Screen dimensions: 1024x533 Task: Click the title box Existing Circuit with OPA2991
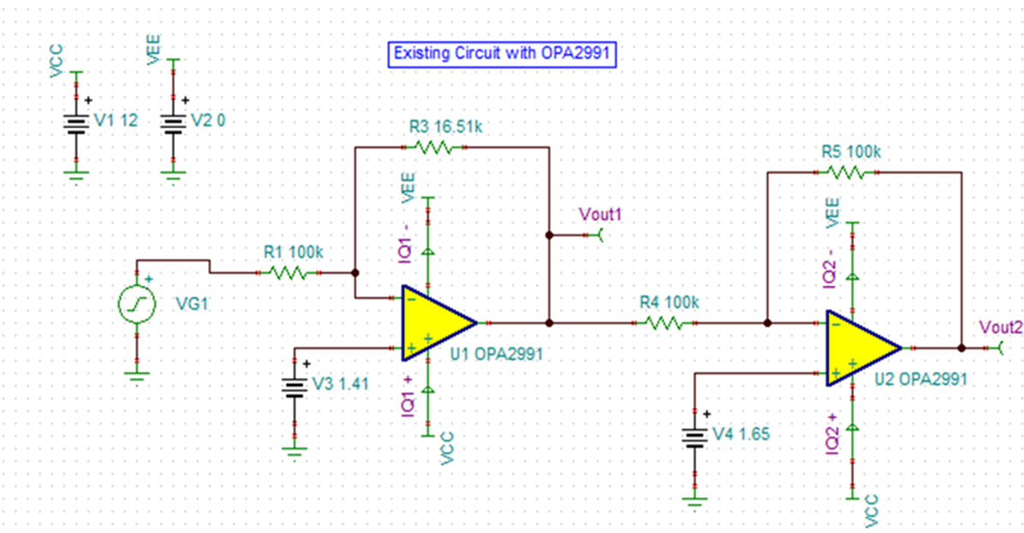point(502,54)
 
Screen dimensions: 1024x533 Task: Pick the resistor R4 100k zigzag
point(664,323)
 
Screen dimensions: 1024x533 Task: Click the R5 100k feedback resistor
point(847,172)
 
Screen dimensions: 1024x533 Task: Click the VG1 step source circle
point(137,304)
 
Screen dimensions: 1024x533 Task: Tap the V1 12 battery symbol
point(76,122)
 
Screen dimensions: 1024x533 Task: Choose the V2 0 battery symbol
point(173,122)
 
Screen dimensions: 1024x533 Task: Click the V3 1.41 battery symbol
point(295,387)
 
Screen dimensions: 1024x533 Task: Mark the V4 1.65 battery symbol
point(695,436)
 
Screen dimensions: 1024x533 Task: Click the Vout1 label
point(600,215)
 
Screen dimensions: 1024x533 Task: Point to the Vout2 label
point(1001,328)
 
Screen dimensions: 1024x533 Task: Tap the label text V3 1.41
point(340,383)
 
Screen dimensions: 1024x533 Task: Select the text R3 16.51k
point(445,127)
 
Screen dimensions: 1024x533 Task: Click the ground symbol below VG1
point(137,378)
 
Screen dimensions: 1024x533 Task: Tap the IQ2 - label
point(830,268)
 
